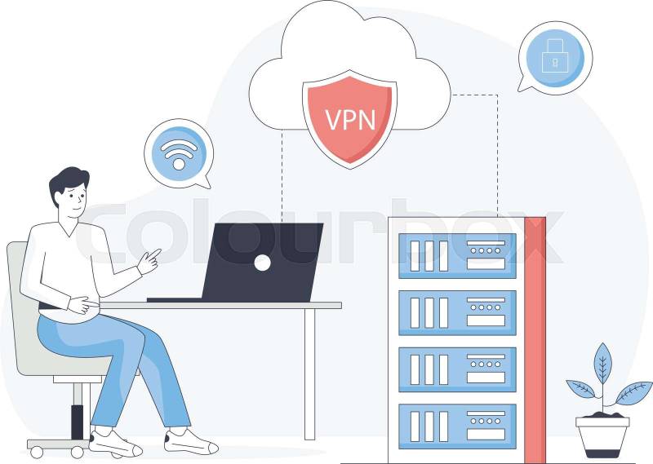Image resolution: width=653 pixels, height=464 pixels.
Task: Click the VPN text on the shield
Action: pyautogui.click(x=350, y=119)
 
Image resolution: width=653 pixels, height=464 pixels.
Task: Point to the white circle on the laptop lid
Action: pyautogui.click(x=262, y=262)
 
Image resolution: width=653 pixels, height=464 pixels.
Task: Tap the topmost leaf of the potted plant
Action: pyautogui.click(x=602, y=360)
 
